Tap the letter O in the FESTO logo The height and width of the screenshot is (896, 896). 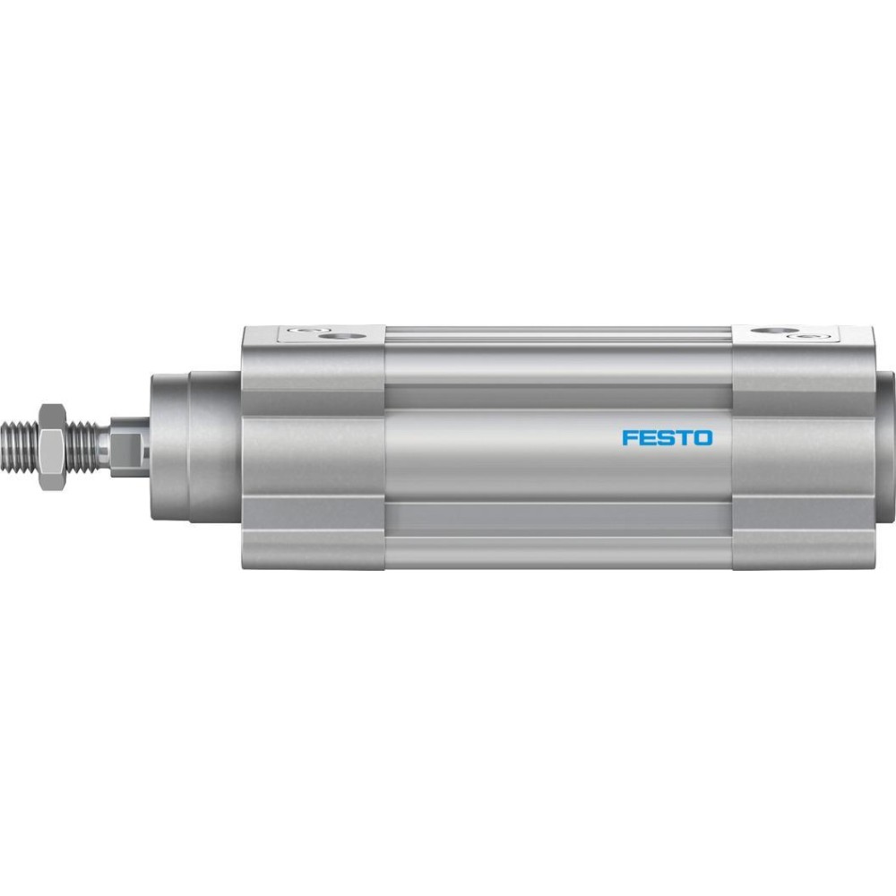pyautogui.click(x=703, y=438)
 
